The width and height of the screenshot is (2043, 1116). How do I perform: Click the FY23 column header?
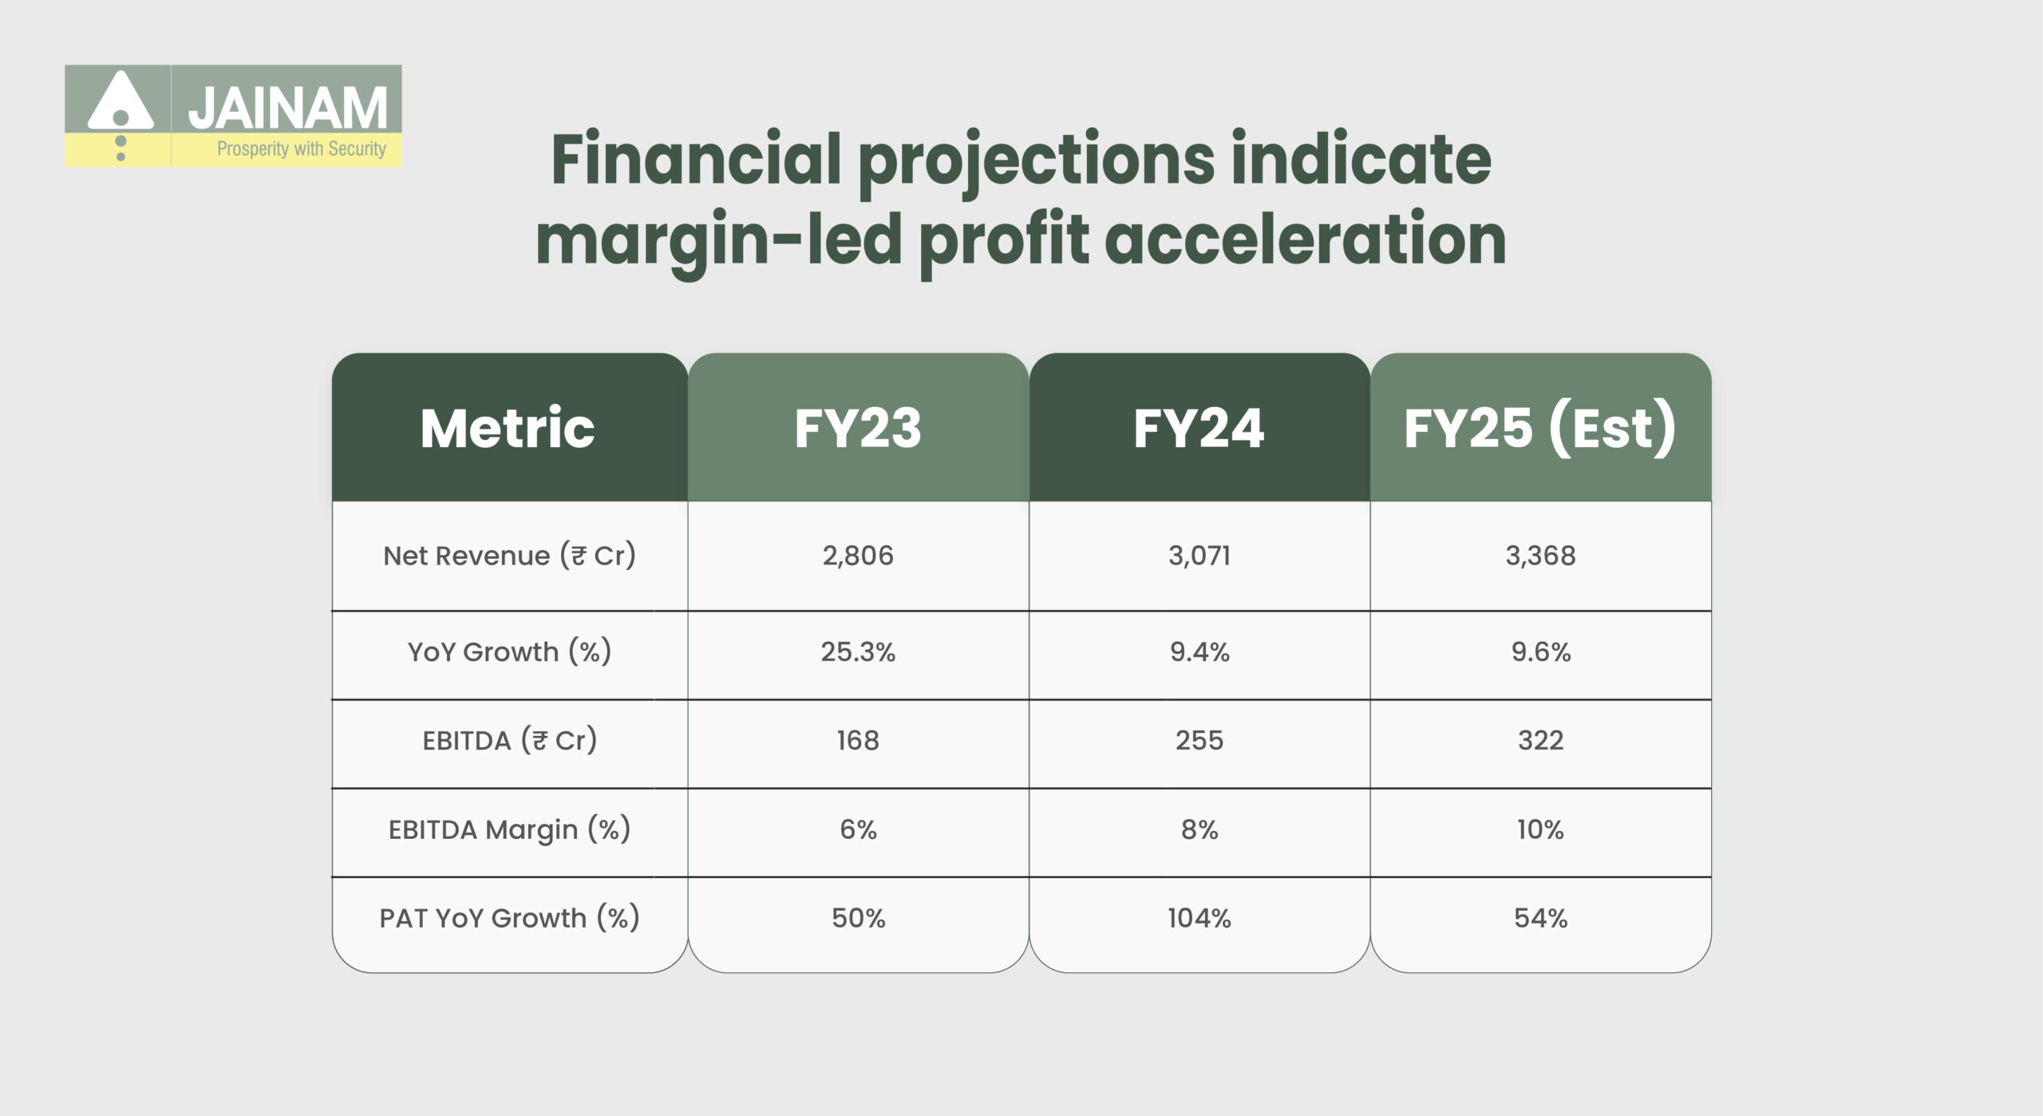point(858,429)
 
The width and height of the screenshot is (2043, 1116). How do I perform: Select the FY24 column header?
point(1199,429)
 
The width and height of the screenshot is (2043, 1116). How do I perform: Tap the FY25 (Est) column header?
point(1539,429)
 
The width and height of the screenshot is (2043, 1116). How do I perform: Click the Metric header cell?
point(508,429)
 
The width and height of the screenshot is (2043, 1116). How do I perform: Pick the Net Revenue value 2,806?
point(858,556)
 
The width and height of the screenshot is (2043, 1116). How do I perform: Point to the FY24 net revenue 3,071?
point(1199,556)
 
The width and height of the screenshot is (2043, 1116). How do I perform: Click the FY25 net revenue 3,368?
point(1540,556)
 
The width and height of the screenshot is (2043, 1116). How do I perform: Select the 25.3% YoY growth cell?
point(858,652)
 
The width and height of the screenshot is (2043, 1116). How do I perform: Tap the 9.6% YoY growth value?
point(1540,652)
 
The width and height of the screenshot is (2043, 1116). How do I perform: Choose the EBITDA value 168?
point(858,741)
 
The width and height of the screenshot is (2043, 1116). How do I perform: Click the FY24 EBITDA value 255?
point(1199,741)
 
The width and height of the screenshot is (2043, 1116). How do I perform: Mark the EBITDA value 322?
point(1540,741)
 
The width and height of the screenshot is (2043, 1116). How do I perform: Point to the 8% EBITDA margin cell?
point(1199,830)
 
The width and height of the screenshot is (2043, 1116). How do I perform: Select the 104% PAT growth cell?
point(1199,919)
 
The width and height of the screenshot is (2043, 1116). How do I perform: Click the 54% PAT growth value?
point(1540,919)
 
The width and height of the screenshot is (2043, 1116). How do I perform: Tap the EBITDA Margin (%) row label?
point(509,830)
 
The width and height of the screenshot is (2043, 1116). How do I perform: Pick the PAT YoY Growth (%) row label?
point(509,919)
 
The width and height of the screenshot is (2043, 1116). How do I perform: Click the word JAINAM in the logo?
point(287,109)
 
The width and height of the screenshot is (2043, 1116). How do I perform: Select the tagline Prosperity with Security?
point(301,149)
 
